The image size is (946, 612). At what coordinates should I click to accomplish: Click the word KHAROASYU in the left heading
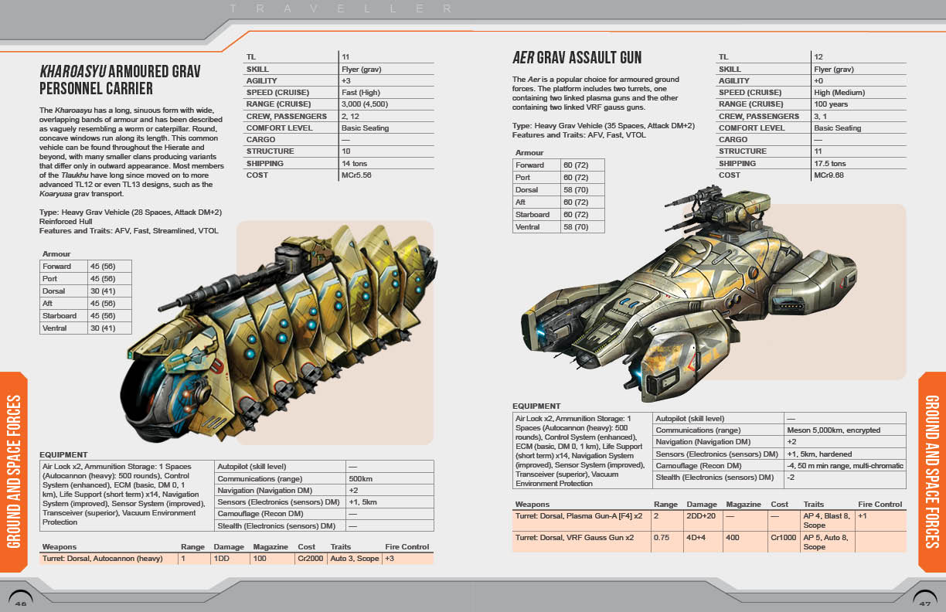point(72,71)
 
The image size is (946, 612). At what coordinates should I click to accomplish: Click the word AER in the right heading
point(524,57)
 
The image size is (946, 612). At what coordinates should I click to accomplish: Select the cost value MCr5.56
point(356,175)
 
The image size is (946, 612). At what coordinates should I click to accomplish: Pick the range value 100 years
point(831,104)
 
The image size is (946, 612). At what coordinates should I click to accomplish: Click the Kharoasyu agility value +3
point(346,80)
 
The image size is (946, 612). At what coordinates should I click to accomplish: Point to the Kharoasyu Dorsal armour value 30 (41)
point(103,291)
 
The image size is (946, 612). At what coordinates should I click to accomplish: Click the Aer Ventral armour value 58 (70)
point(576,227)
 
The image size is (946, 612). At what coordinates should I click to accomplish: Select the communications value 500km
point(360,478)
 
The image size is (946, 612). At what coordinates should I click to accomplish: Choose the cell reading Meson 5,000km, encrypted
point(833,430)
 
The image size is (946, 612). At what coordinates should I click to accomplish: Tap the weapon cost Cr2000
point(311,559)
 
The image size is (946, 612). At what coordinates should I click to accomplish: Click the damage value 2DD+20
point(701,515)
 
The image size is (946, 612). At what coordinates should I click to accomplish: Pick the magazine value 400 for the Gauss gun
point(733,537)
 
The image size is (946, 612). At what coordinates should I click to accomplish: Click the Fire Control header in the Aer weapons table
point(880,504)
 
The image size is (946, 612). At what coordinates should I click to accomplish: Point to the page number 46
point(21,604)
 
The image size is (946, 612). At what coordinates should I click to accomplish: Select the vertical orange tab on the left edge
point(13,472)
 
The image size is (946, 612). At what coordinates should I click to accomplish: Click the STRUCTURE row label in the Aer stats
point(743,151)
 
